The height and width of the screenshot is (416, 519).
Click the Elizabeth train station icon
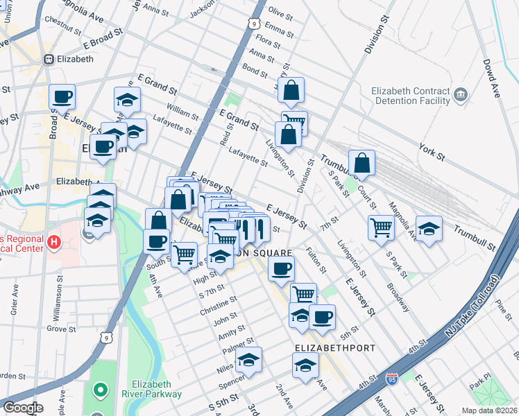(x=49, y=60)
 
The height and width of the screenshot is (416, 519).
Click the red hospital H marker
(x=54, y=243)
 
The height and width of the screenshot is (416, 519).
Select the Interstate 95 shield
(x=392, y=380)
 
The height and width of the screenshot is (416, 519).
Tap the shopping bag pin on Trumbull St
(x=361, y=164)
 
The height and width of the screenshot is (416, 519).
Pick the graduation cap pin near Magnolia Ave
(x=429, y=229)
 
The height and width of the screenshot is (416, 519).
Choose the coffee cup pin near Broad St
(x=62, y=97)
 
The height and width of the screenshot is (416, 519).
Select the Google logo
(x=23, y=408)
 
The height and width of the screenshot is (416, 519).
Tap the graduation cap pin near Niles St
(x=248, y=361)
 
